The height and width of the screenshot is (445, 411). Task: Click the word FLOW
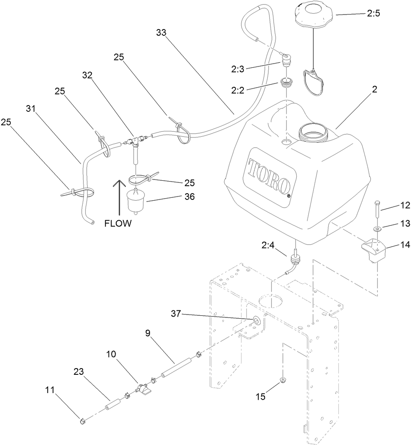click(118, 224)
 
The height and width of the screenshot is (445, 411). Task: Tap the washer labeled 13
click(377, 229)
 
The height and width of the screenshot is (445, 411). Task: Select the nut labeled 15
click(283, 380)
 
